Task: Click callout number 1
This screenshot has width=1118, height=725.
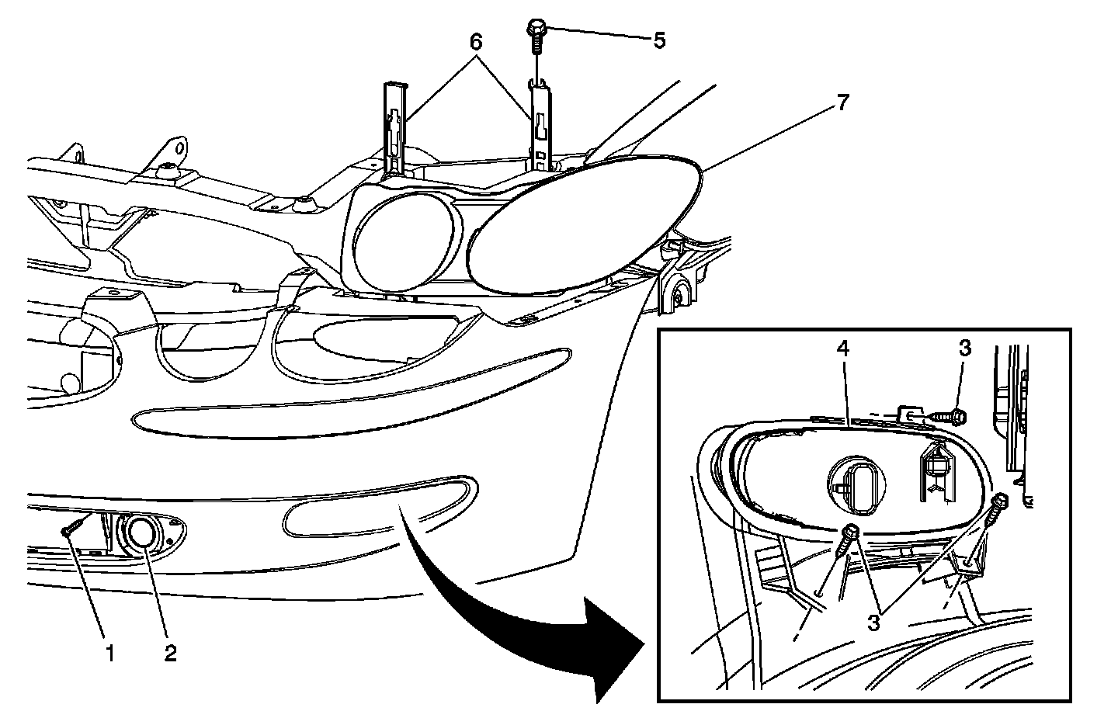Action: pos(109,654)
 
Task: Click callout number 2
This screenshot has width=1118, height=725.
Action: pos(170,654)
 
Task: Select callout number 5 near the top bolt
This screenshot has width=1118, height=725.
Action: pos(659,40)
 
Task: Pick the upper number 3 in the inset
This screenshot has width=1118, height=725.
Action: pos(964,349)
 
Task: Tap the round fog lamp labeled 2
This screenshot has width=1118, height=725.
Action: pos(141,533)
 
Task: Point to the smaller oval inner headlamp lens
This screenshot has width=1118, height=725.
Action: pos(404,240)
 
